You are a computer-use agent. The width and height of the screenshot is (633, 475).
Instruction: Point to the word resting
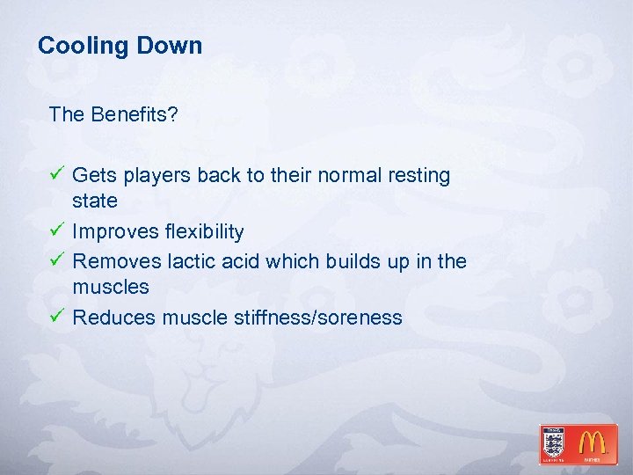point(417,176)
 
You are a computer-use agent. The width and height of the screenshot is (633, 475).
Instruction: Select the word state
point(95,201)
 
